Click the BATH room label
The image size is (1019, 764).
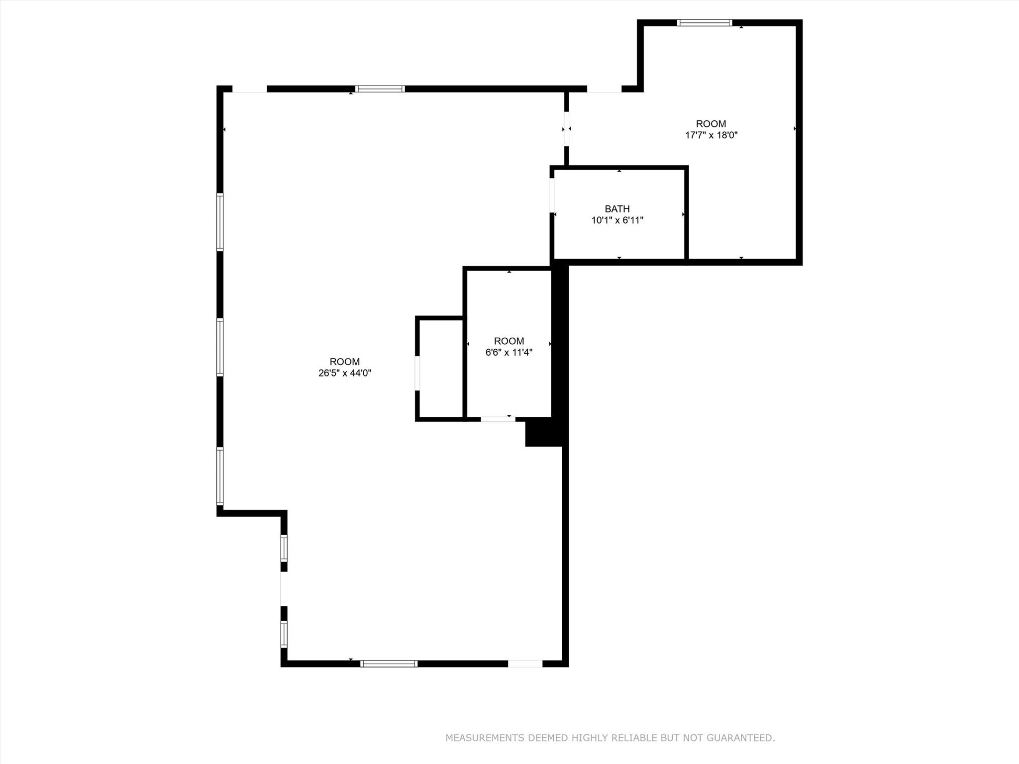pos(617,209)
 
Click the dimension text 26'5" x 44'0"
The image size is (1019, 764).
pos(345,373)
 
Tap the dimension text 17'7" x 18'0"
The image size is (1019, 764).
pos(711,135)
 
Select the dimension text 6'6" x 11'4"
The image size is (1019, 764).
pos(509,352)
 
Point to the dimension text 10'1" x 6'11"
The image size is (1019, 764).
pos(617,220)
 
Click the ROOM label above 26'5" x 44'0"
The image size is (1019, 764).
pos(345,362)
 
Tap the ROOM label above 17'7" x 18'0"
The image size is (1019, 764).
pos(711,124)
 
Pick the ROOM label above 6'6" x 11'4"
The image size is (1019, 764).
pos(509,341)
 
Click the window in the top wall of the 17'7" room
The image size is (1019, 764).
pos(705,22)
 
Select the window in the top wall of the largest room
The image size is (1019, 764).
pos(380,89)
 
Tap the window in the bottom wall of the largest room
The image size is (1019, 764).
pos(389,663)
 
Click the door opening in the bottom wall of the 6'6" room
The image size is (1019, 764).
pos(498,419)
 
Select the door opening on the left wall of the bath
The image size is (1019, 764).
pos(552,195)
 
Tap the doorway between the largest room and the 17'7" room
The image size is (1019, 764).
pos(567,129)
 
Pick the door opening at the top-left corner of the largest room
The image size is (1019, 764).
pos(250,89)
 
